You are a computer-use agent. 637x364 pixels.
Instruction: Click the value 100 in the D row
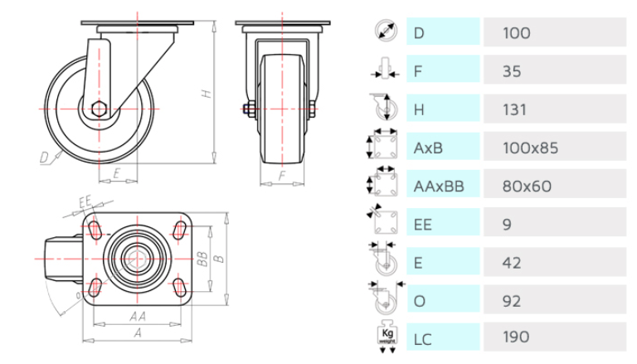tap(517, 33)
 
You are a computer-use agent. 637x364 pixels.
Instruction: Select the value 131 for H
tap(515, 109)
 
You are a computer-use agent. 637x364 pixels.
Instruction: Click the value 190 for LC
tap(517, 337)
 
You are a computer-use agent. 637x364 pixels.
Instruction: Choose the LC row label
tap(423, 337)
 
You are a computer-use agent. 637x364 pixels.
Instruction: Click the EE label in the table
tap(423, 224)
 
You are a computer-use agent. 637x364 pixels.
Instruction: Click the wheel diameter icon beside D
tap(384, 32)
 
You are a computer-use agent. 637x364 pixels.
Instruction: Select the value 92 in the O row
tap(513, 300)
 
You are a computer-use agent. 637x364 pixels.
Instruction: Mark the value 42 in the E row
tap(513, 263)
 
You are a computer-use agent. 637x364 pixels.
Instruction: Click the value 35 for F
tap(513, 71)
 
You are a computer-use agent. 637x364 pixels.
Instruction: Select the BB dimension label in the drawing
tap(201, 258)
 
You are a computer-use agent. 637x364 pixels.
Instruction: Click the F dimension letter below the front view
tap(282, 176)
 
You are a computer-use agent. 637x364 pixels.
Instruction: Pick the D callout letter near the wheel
tap(44, 155)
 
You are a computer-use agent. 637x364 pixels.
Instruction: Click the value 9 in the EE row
tap(507, 224)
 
